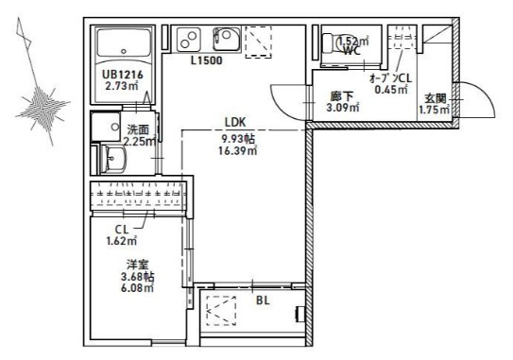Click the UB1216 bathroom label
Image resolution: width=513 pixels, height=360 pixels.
(x=123, y=75)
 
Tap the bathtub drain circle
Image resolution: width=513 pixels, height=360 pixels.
(x=124, y=51)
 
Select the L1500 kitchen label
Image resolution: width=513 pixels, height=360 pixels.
(x=207, y=60)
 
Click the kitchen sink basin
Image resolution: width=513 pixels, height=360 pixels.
(x=227, y=39)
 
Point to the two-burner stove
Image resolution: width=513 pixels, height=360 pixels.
(x=188, y=40)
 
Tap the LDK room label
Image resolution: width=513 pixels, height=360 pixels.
(x=235, y=122)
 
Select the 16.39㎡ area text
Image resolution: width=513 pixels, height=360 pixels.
(x=237, y=151)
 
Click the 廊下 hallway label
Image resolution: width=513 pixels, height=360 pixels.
(x=342, y=96)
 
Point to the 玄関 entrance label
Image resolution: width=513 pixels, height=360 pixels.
(x=436, y=98)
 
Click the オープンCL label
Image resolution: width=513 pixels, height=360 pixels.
(x=390, y=78)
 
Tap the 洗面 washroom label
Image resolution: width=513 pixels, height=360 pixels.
(x=138, y=130)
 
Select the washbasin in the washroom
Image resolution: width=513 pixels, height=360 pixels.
(x=112, y=159)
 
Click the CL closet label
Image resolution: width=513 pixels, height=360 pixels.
(x=122, y=230)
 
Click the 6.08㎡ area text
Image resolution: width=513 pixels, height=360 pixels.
(x=137, y=288)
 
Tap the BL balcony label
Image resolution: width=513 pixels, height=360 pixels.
(x=263, y=300)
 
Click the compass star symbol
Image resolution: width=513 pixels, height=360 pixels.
(x=43, y=106)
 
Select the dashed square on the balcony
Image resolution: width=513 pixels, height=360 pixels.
(x=221, y=311)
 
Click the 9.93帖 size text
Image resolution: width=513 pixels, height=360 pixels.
(x=238, y=140)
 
